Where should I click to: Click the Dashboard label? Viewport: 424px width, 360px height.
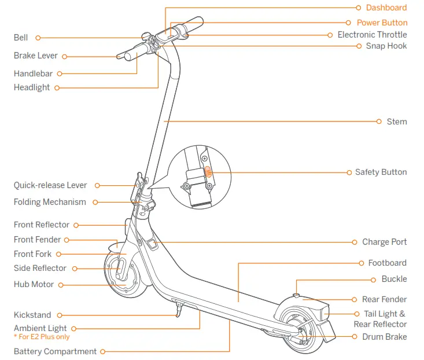(386, 8)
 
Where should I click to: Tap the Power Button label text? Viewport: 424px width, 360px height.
(382, 23)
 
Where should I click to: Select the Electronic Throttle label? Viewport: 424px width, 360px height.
(372, 35)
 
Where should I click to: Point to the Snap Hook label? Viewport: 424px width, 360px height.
(386, 46)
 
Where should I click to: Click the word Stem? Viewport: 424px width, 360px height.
(397, 122)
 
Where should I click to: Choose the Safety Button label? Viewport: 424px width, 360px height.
(381, 172)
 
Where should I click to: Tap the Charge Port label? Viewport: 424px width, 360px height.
(384, 242)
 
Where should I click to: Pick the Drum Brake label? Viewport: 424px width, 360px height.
(384, 337)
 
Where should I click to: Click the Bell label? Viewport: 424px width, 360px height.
(21, 38)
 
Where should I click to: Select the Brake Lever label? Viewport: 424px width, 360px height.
(35, 56)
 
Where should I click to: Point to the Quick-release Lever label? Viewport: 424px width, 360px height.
(50, 185)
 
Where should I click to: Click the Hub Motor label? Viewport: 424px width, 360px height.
(34, 284)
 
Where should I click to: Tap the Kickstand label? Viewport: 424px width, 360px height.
(32, 315)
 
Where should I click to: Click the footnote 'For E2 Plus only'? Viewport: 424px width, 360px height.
(42, 336)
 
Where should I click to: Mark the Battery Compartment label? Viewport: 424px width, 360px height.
(55, 351)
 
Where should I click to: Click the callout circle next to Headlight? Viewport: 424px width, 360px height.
(57, 88)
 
